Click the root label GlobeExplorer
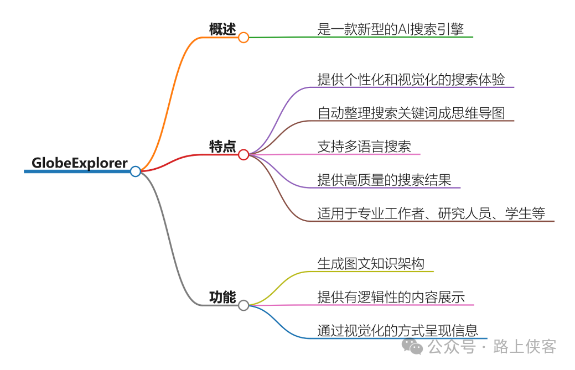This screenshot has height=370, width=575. [80, 163]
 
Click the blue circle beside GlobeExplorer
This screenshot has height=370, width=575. [136, 171]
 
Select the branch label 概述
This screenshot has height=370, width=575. [222, 29]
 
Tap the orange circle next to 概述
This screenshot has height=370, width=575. [244, 38]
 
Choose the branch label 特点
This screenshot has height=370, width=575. [222, 147]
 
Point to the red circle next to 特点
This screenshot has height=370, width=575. [244, 155]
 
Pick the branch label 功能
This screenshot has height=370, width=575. [222, 297]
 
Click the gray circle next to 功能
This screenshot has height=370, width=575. [244, 305]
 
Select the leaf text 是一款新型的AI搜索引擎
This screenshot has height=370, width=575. [390, 29]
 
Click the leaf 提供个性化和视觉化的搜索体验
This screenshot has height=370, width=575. [411, 79]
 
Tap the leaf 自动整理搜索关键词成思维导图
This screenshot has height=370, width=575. [411, 113]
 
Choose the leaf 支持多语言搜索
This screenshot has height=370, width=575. [364, 147]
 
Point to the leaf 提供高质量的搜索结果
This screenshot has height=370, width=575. [384, 180]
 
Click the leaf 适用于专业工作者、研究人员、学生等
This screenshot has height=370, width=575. [431, 213]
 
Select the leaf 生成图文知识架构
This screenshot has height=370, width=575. [371, 263]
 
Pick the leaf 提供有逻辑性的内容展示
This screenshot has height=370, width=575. [391, 297]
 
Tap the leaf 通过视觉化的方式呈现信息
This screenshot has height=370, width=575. [397, 331]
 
